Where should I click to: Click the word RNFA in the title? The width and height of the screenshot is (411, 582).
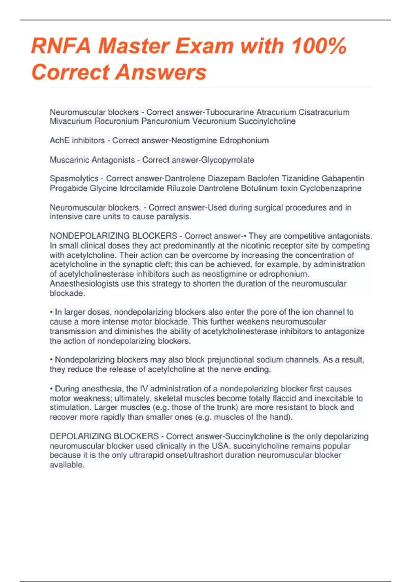coord(61,46)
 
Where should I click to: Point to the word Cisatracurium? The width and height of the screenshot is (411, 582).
coord(324,112)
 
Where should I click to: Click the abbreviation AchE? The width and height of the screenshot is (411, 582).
coord(60,140)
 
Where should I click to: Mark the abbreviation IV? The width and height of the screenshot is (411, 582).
coord(144,389)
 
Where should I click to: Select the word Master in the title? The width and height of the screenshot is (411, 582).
coord(134,46)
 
